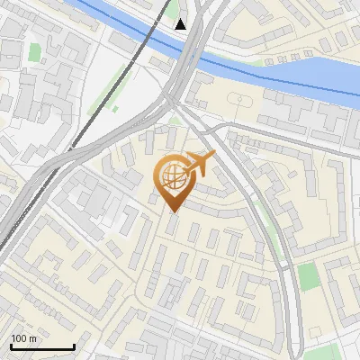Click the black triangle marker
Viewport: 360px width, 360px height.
[x=182, y=23]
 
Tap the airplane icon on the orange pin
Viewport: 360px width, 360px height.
[x=199, y=163]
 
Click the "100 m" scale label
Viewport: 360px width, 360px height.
[x=23, y=338]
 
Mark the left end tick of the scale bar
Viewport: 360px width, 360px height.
[x=11, y=346]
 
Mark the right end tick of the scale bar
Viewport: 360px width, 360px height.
[x=73, y=346]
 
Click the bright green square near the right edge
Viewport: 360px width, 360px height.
[x=308, y=276]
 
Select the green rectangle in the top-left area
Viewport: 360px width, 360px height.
[x=35, y=52]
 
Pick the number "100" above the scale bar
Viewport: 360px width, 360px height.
[x=18, y=338]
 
